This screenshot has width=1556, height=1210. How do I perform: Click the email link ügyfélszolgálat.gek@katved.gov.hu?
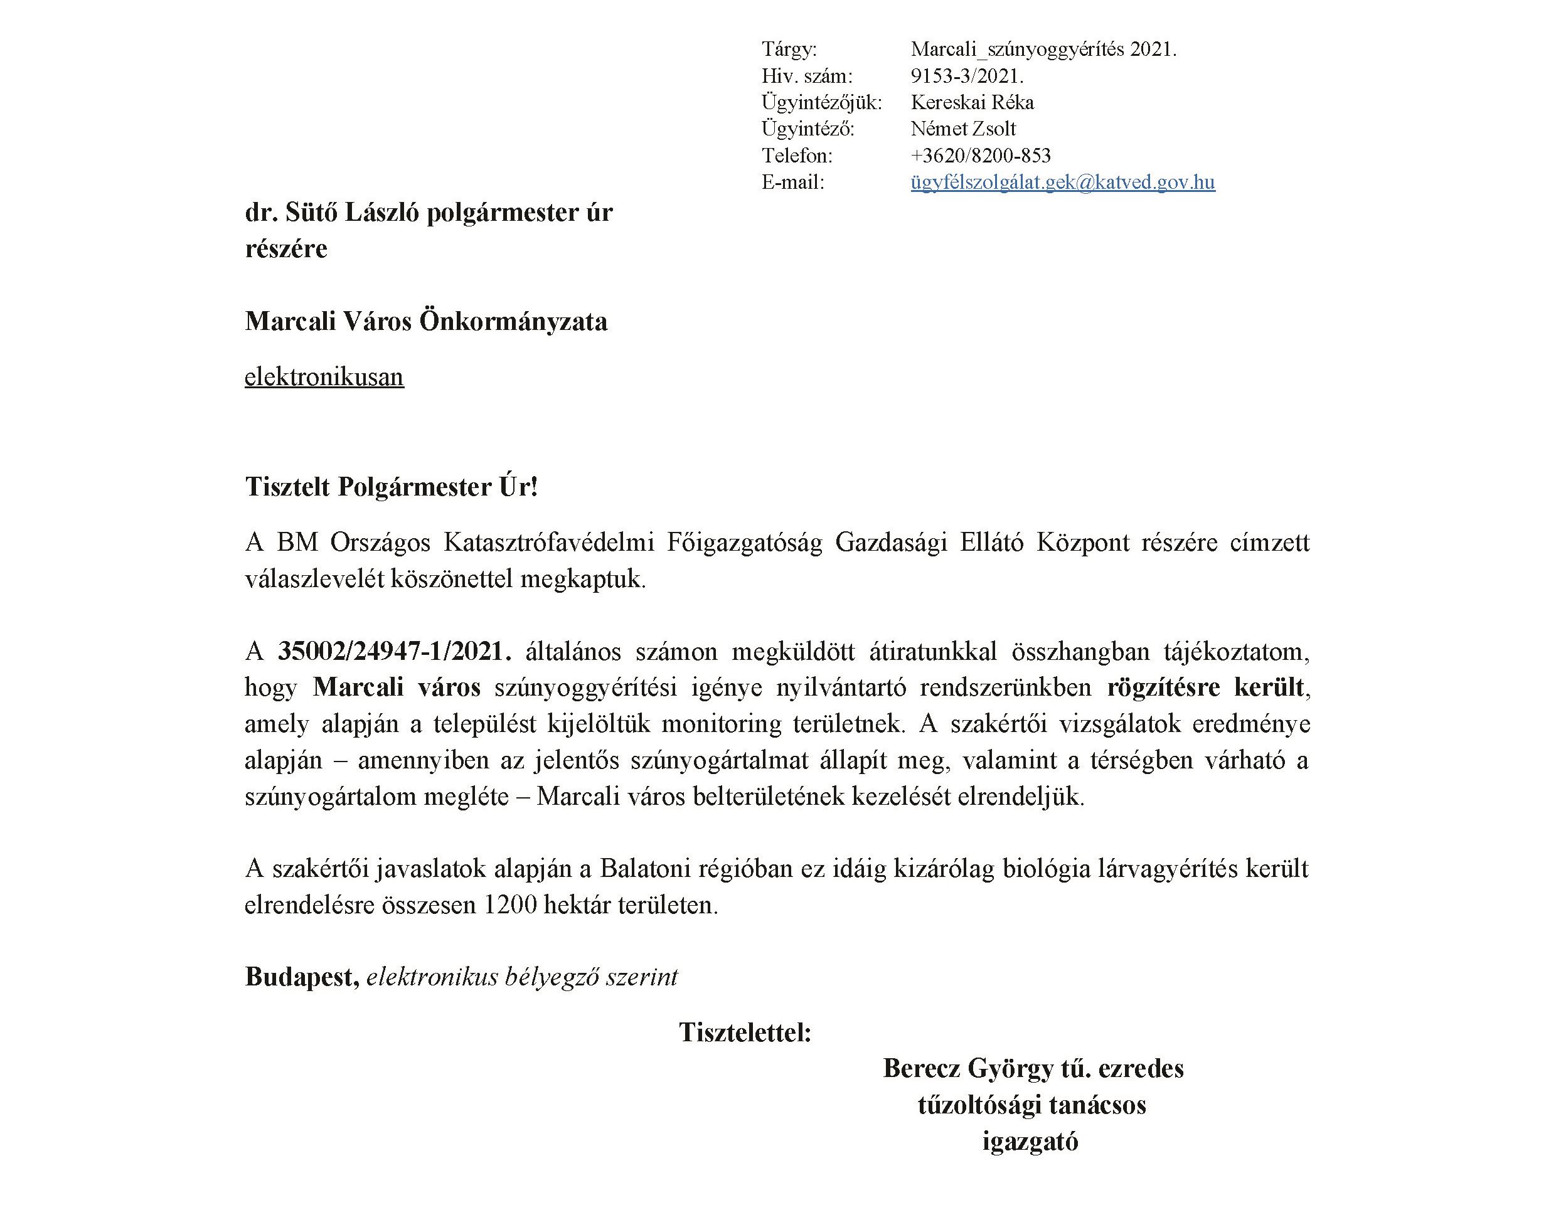click(1062, 183)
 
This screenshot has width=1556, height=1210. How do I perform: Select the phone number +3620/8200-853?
click(980, 156)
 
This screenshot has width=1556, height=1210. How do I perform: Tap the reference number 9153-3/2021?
click(967, 75)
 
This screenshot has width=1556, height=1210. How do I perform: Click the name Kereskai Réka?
click(972, 102)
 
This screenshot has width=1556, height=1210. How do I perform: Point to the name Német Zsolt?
click(962, 129)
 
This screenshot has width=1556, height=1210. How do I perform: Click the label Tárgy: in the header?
click(789, 49)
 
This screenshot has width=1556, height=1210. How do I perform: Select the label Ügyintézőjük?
click(821, 102)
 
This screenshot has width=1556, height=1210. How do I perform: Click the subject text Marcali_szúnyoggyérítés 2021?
click(1043, 49)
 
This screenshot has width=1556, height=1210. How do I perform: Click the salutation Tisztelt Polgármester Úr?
click(391, 487)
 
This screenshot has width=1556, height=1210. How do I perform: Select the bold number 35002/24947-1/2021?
click(395, 651)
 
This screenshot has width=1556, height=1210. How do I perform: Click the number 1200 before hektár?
click(510, 905)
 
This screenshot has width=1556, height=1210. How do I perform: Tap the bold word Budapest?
click(302, 977)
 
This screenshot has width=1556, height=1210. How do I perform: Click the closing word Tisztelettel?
click(745, 1032)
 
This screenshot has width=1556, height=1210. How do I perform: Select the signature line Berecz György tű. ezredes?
click(1033, 1068)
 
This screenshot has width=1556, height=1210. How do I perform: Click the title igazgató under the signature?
click(1030, 1141)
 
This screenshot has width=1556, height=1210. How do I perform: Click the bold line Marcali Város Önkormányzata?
click(426, 321)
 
